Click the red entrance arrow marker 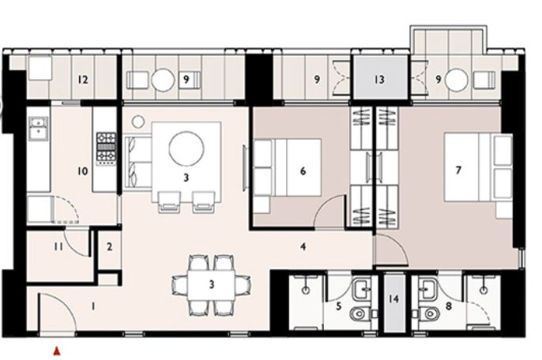(57, 351)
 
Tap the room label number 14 (393, 298)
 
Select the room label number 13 (379, 80)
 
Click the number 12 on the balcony (83, 80)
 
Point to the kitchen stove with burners (106, 148)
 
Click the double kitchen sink (39, 129)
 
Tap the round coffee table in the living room (186, 148)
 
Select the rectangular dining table (212, 285)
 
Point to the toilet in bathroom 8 (427, 314)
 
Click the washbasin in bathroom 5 (362, 288)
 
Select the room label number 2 (110, 247)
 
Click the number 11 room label (58, 246)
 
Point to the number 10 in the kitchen (83, 171)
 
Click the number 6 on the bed (303, 171)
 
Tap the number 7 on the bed (458, 170)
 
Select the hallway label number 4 (303, 246)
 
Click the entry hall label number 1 (93, 306)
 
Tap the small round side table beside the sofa (138, 122)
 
